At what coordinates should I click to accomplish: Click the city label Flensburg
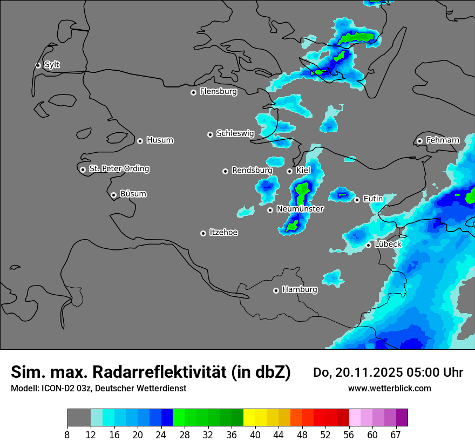pyautogui.click(x=218, y=92)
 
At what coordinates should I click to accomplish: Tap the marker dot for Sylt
pyautogui.click(x=38, y=65)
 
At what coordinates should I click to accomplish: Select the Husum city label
pyautogui.click(x=160, y=140)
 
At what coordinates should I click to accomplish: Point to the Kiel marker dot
pyautogui.click(x=290, y=171)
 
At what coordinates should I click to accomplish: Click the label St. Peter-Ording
pyautogui.click(x=119, y=169)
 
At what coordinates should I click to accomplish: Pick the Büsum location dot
pyautogui.click(x=113, y=195)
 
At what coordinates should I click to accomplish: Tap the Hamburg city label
pyautogui.click(x=300, y=290)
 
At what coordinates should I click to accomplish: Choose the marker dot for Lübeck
pyautogui.click(x=369, y=245)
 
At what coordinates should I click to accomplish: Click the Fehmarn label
pyautogui.click(x=443, y=140)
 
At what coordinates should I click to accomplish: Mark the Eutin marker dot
pyautogui.click(x=357, y=200)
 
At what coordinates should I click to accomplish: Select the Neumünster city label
pyautogui.click(x=300, y=209)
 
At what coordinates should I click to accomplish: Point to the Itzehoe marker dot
pyautogui.click(x=203, y=233)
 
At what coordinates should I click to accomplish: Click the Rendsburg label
pyautogui.click(x=252, y=171)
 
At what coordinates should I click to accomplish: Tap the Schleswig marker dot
pyautogui.click(x=211, y=134)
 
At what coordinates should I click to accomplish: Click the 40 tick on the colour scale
pyautogui.click(x=255, y=435)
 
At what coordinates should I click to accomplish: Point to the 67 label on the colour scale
pyautogui.click(x=396, y=435)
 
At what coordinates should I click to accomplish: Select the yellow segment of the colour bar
pyautogui.click(x=249, y=418)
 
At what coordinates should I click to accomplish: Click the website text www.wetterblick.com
pyautogui.click(x=389, y=388)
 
